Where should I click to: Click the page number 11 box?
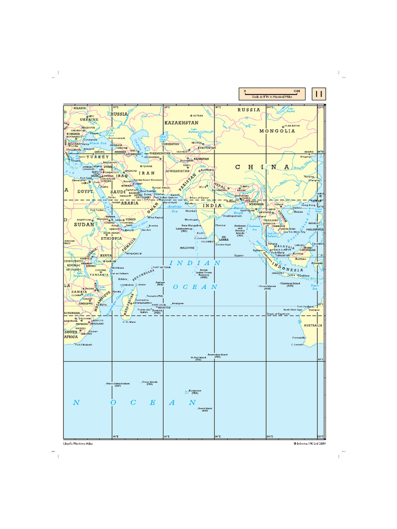(x=319, y=94)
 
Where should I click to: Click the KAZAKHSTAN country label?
(x=181, y=123)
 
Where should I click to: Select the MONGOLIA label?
(x=277, y=131)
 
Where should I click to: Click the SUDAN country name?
(x=84, y=225)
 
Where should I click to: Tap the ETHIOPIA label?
(x=112, y=238)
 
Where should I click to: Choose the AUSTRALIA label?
(x=313, y=325)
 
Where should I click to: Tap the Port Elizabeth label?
(x=84, y=345)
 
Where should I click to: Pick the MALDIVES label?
(x=188, y=248)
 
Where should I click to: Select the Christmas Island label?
(x=290, y=284)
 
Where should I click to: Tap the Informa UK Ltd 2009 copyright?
(x=310, y=443)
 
